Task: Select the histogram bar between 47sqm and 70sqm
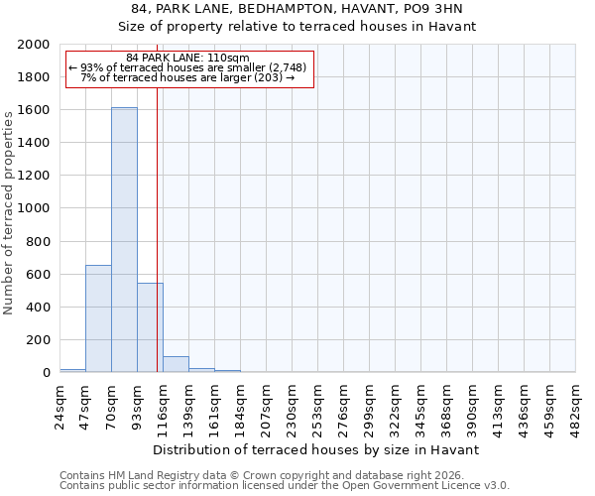pos(98,318)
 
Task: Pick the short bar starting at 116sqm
pos(176,364)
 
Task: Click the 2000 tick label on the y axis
pos(34,45)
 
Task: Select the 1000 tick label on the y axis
pos(34,208)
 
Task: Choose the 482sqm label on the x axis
pos(576,404)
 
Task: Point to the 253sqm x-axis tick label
pos(317,404)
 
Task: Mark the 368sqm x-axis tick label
pos(447,404)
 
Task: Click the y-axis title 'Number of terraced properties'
pos(9,208)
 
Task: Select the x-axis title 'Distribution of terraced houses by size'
pos(317,449)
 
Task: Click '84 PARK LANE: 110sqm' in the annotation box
pos(188,59)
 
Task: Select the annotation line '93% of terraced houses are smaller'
pos(188,67)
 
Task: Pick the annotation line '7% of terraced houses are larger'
pos(188,77)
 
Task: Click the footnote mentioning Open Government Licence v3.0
pos(285,485)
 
